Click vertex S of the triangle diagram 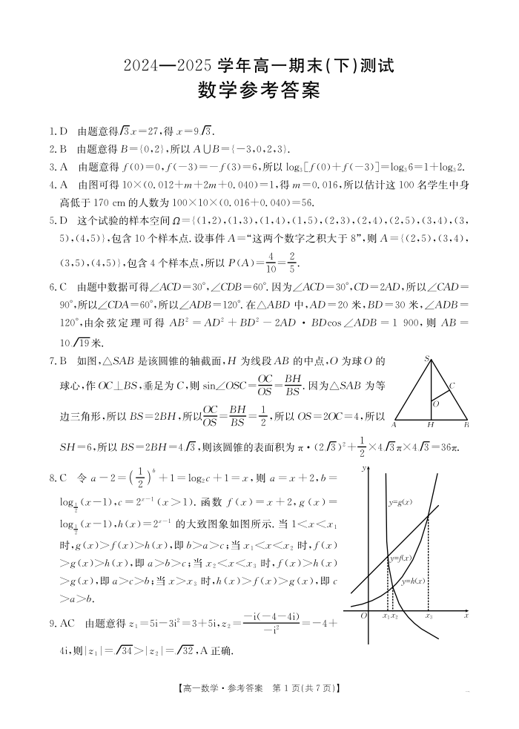pos(428,359)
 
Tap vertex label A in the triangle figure pos(394,425)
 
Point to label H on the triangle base pos(430,425)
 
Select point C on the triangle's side pos(452,386)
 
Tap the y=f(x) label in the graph pos(400,558)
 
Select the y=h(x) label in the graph pos(412,581)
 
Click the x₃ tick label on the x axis pos(429,616)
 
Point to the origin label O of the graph pos(363,616)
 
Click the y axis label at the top pos(365,469)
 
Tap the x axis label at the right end pos(466,616)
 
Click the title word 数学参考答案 pos(259,91)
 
